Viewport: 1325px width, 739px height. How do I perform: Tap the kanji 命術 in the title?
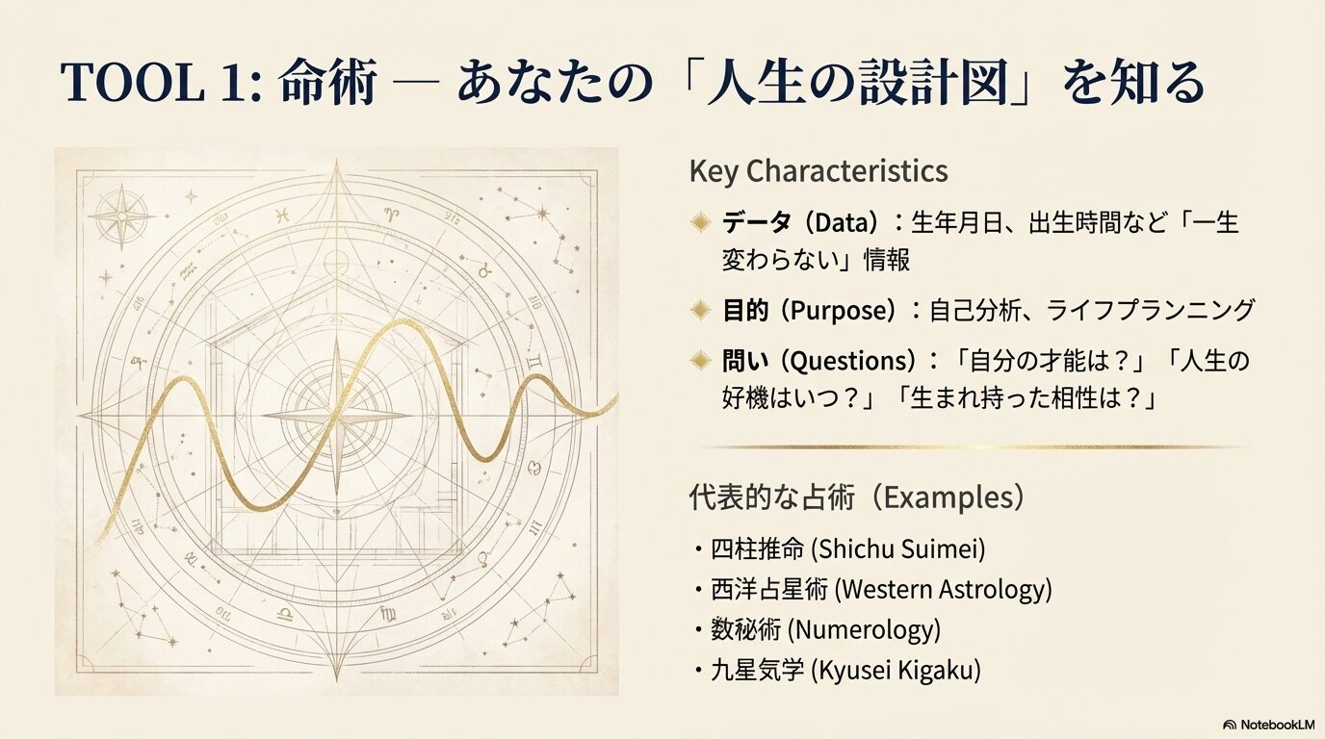(x=327, y=85)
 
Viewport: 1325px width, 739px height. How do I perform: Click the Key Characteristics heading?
(x=818, y=171)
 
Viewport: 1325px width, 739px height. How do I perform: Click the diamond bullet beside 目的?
(x=701, y=310)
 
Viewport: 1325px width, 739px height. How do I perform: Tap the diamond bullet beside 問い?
(x=701, y=362)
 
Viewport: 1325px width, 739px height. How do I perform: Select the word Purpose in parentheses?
(x=844, y=310)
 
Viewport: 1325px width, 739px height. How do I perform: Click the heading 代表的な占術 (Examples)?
(x=857, y=497)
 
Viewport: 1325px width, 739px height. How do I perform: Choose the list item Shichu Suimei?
(x=847, y=549)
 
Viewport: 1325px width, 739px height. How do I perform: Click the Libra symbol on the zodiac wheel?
(x=285, y=613)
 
